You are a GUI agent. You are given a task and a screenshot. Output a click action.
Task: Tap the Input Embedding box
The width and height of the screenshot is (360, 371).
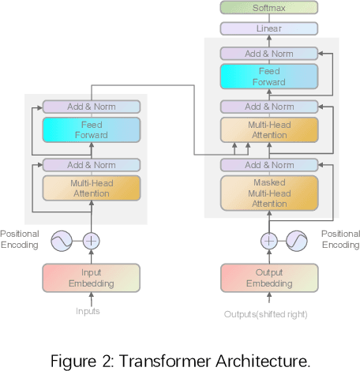coord(91,278)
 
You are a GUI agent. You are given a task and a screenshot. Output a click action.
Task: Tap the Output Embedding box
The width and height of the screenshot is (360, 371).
coord(269,278)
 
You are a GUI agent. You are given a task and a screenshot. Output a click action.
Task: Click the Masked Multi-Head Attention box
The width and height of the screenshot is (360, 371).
coord(270,193)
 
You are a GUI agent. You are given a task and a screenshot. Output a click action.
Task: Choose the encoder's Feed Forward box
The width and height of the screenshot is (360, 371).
coord(91,129)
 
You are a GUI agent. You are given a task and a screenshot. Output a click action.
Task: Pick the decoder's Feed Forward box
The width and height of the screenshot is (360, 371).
coord(270,77)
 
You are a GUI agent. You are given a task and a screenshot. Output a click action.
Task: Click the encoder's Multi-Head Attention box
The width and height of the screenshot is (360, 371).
coord(91,187)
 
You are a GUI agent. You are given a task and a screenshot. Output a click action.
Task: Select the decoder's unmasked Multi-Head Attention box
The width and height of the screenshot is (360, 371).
coord(270,129)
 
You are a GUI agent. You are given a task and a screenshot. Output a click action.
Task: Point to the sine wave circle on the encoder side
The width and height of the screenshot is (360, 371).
coord(62,241)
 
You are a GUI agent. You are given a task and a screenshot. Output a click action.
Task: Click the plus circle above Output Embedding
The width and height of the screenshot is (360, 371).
coord(270,241)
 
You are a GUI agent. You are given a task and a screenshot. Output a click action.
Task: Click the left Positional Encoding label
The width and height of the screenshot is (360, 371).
coord(19,239)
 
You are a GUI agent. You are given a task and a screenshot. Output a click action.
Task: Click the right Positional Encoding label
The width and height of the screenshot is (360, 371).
coord(340,239)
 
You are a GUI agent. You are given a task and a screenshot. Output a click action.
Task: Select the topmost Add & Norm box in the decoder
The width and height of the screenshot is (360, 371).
coord(270,53)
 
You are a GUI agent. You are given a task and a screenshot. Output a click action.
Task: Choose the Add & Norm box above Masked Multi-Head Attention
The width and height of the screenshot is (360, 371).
coord(270,165)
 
